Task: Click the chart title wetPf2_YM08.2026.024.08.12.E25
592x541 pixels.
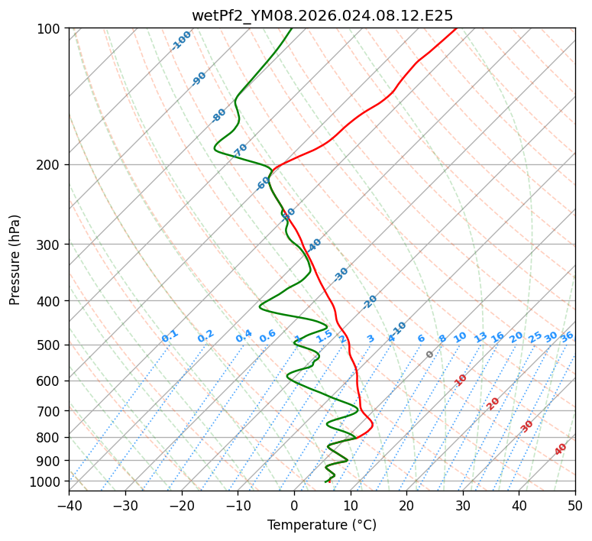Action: click(322, 15)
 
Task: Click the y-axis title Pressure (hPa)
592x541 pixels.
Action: click(15, 260)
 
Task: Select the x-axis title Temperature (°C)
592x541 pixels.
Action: click(322, 525)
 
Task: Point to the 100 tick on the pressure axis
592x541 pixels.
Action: click(51, 29)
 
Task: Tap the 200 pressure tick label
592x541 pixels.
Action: click(51, 165)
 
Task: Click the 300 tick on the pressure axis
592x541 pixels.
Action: click(51, 245)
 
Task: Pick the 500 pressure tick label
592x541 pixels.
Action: click(51, 345)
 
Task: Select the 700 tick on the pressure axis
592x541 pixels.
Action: click(51, 411)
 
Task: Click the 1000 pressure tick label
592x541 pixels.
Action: click(48, 481)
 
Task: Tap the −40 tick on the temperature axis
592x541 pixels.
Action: click(69, 505)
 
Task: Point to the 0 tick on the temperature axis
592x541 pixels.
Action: click(294, 505)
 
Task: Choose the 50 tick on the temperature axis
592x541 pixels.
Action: click(575, 505)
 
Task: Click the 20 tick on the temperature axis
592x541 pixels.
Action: click(406, 505)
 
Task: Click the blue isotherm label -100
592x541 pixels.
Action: click(181, 40)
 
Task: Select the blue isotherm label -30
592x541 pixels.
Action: click(341, 274)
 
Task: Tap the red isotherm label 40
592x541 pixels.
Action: click(561, 449)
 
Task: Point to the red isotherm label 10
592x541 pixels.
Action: click(461, 380)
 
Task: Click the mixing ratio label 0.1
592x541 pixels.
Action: click(170, 335)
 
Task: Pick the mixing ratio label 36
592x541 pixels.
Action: click(567, 336)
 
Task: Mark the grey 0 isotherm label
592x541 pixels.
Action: click(430, 355)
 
